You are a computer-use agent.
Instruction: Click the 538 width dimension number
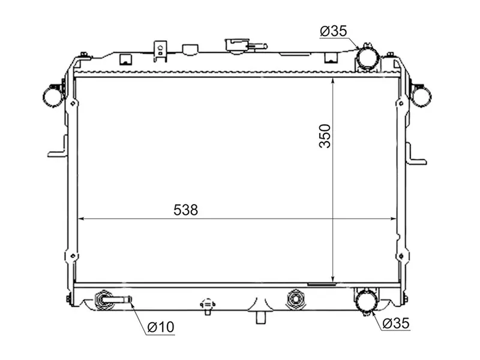pyautogui.click(x=185, y=210)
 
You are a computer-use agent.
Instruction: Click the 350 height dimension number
pyautogui.click(x=325, y=136)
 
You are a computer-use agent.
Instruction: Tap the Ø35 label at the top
pyautogui.click(x=333, y=32)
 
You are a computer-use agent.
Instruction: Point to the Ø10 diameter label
pyautogui.click(x=160, y=327)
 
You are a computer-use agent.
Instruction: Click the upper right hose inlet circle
pyautogui.click(x=367, y=59)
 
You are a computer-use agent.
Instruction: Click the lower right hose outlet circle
pyautogui.click(x=366, y=301)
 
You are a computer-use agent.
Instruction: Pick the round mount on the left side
pyautogui.click(x=53, y=95)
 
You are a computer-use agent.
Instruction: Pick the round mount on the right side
pyautogui.click(x=421, y=95)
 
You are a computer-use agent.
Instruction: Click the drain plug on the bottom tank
pyautogui.click(x=208, y=305)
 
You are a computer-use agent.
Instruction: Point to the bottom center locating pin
pyautogui.click(x=261, y=317)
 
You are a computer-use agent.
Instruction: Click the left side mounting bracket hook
pyautogui.click(x=56, y=150)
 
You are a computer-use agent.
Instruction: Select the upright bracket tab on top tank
pyautogui.click(x=160, y=50)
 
